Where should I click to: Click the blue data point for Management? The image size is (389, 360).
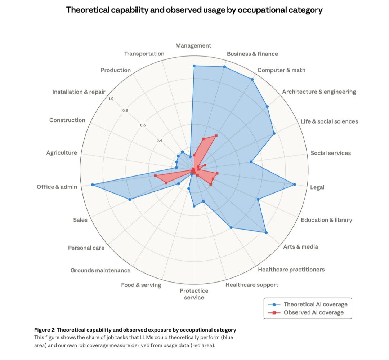pyautogui.click(x=194, y=66)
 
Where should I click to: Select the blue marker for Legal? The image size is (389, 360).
pyautogui.click(x=295, y=185)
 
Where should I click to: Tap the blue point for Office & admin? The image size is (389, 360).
pyautogui.click(x=93, y=185)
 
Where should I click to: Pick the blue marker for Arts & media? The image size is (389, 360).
pyautogui.click(x=266, y=233)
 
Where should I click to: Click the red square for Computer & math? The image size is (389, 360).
pyautogui.click(x=216, y=135)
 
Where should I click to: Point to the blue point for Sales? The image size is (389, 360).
pyautogui.click(x=130, y=199)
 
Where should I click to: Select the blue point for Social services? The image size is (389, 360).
pyautogui.click(x=251, y=162)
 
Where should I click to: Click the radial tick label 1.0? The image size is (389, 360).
pyautogui.click(x=111, y=99)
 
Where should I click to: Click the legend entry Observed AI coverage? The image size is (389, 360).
pyautogui.click(x=313, y=312)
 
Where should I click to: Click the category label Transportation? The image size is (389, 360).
pyautogui.click(x=144, y=54)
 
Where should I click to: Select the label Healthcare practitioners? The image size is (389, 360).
pyautogui.click(x=291, y=270)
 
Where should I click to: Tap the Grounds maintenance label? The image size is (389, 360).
pyautogui.click(x=100, y=270)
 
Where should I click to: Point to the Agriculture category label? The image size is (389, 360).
pyautogui.click(x=61, y=153)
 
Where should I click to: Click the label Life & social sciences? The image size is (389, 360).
pyautogui.click(x=329, y=121)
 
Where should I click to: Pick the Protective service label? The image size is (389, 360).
pyautogui.click(x=194, y=294)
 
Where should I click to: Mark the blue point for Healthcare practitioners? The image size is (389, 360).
pyautogui.click(x=231, y=228)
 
